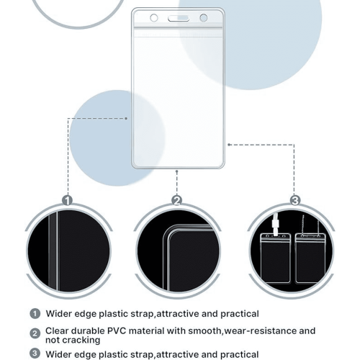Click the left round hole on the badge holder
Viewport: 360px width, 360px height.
(154, 18)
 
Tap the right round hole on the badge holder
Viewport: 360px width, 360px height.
(204, 18)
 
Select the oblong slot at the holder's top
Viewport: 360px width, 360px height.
(179, 18)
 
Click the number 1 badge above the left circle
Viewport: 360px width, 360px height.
(68, 200)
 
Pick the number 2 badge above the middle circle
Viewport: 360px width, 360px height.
(177, 200)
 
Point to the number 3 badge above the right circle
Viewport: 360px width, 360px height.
(295, 200)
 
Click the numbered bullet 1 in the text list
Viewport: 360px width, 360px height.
(35, 314)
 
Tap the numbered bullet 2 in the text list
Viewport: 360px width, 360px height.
(35, 333)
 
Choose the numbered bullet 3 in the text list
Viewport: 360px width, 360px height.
(35, 354)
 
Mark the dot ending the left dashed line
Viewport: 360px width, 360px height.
(126, 118)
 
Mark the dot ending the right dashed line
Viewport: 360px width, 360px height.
(229, 145)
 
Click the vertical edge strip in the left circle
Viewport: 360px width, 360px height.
(53, 250)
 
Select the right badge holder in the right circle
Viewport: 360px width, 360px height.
(310, 258)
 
